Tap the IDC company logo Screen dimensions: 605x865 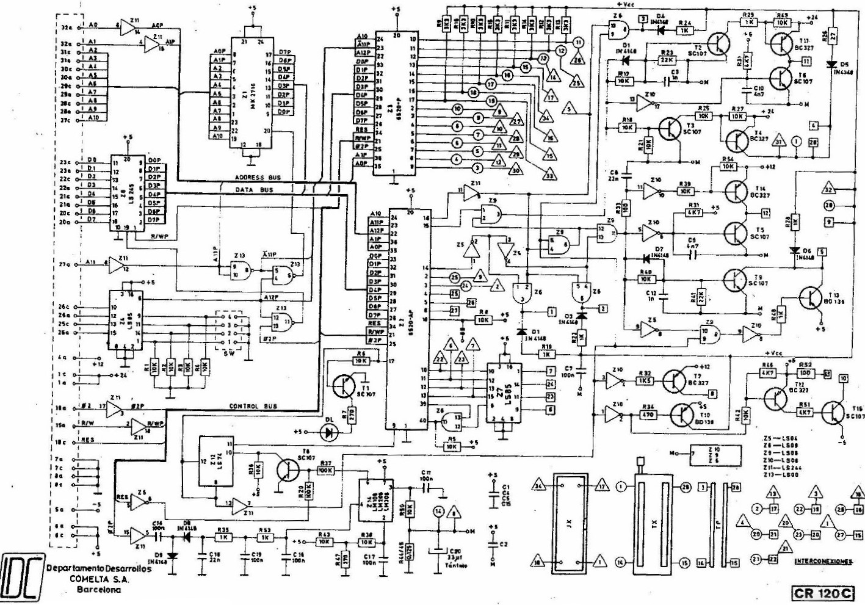point(22,576)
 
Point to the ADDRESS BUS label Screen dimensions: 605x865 point(258,177)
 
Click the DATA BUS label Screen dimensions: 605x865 point(255,190)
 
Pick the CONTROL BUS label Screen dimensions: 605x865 point(253,407)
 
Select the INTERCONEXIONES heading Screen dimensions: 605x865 point(823,561)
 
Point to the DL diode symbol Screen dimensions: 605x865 point(331,432)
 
